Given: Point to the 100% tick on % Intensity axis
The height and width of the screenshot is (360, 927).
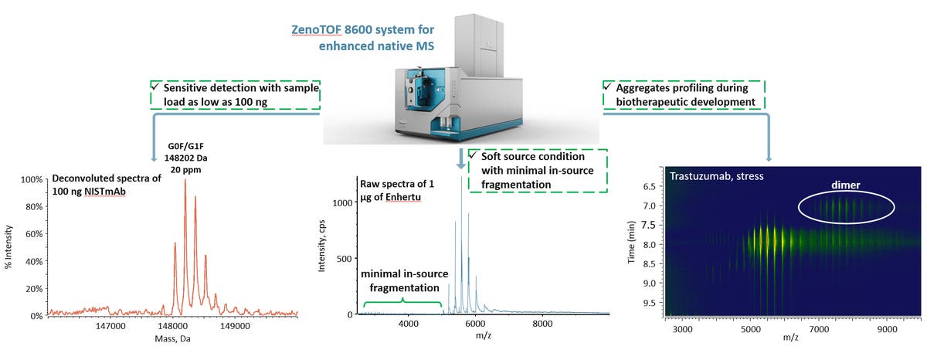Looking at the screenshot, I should click(x=32, y=180).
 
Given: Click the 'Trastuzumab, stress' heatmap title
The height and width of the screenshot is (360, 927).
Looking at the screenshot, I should click(x=708, y=176).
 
